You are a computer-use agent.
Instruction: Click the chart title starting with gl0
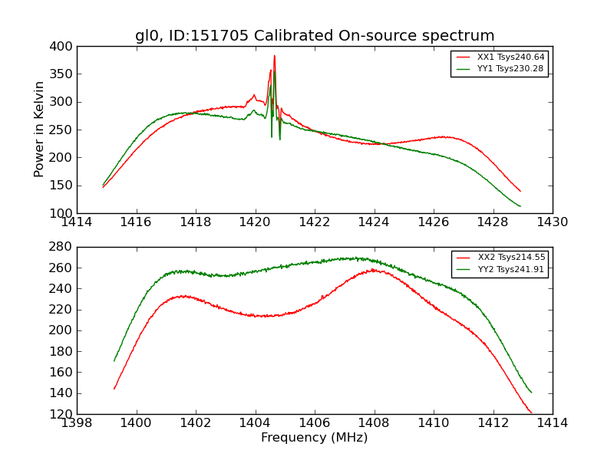tap(315, 36)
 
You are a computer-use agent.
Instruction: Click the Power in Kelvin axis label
tap(40, 130)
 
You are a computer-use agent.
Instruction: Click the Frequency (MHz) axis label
tap(315, 438)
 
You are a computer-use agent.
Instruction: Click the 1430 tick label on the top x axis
tap(552, 222)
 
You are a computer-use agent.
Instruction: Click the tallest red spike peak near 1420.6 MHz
tap(274, 55)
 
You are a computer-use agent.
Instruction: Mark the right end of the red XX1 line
tap(520, 191)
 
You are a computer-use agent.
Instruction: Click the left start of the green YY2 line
tap(114, 360)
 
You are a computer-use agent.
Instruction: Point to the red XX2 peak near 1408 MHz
tap(372, 269)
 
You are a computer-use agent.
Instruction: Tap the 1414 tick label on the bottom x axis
tap(552, 423)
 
